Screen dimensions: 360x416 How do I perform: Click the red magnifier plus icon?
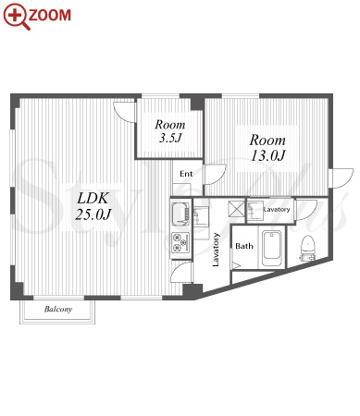click(16, 17)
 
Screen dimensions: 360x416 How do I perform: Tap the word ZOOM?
click(50, 15)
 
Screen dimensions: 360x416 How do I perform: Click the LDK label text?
click(93, 198)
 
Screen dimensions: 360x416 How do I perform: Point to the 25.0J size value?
click(93, 214)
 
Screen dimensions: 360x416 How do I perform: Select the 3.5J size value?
click(169, 138)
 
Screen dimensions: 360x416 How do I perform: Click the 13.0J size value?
click(267, 155)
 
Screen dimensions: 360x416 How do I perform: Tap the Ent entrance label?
click(186, 174)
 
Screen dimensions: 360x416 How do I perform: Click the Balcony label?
click(58, 309)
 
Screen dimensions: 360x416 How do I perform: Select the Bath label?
click(244, 246)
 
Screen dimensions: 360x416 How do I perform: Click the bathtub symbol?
click(272, 250)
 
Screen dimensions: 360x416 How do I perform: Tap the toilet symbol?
click(307, 249)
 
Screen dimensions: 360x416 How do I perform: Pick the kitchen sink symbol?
click(180, 214)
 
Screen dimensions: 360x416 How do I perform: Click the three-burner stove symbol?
click(180, 242)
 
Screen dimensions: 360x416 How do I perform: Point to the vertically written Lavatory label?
click(216, 250)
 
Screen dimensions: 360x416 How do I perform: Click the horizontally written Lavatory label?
click(277, 210)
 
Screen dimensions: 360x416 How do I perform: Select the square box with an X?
click(236, 208)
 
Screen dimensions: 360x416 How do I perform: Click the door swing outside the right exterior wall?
click(341, 177)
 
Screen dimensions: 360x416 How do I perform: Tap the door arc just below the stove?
click(181, 272)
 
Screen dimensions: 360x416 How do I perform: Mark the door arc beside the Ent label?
click(216, 175)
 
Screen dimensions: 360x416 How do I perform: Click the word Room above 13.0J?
click(267, 141)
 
